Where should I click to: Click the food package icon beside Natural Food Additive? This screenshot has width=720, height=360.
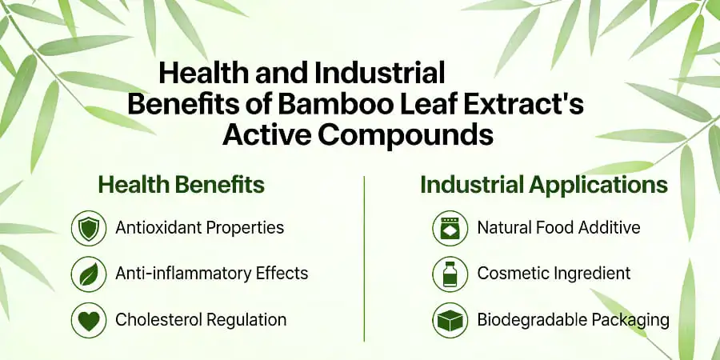450,228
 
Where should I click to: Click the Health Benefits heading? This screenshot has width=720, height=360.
181,186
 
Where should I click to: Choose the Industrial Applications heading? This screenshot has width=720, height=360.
544,186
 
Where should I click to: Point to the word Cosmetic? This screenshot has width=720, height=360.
512,274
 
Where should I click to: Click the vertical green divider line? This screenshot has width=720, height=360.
364,256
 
